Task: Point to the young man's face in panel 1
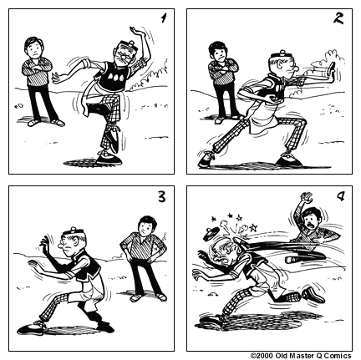(35, 46)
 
